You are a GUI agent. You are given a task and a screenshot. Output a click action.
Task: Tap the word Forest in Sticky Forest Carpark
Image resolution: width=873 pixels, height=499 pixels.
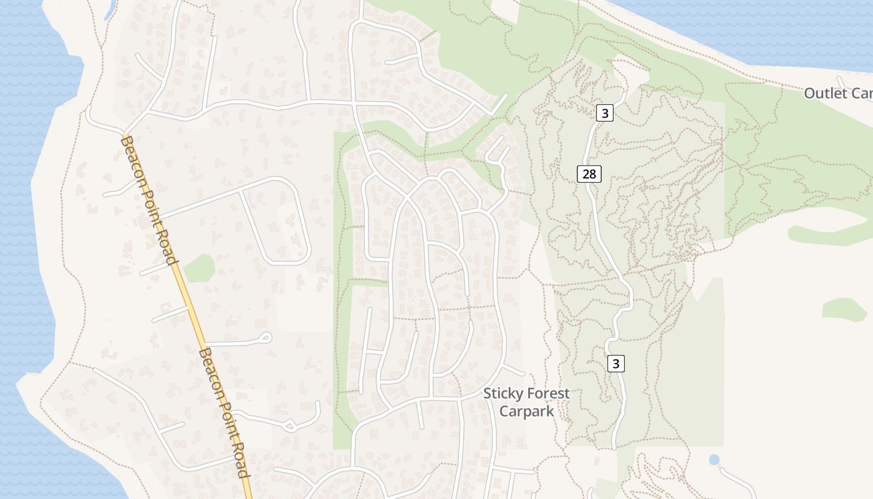pos(547,394)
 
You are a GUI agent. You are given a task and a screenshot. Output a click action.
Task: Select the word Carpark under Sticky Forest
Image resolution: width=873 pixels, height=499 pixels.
pos(526,412)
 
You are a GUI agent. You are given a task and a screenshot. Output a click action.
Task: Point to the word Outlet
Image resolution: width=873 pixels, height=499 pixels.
pos(826,94)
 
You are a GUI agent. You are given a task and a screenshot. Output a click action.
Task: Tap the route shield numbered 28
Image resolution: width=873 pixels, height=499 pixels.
pos(589,174)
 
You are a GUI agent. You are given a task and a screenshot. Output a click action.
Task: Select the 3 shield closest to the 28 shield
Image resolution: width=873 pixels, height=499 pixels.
pos(604,113)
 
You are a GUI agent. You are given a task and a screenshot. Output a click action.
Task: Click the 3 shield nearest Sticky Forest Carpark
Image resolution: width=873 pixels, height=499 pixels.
pos(615,363)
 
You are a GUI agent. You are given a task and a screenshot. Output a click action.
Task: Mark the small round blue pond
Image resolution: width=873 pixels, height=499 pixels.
pos(714,460)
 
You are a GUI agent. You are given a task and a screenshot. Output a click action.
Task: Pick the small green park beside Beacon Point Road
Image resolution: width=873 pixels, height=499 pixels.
pos(199,268)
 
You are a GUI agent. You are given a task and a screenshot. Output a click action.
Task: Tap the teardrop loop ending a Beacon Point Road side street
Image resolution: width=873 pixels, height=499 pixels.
pos(266,338)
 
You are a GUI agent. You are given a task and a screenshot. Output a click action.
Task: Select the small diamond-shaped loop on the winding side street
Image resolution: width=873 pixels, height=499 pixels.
pos(289,427)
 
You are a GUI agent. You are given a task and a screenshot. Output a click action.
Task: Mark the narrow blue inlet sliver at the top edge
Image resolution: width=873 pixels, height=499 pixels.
pos(110,9)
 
